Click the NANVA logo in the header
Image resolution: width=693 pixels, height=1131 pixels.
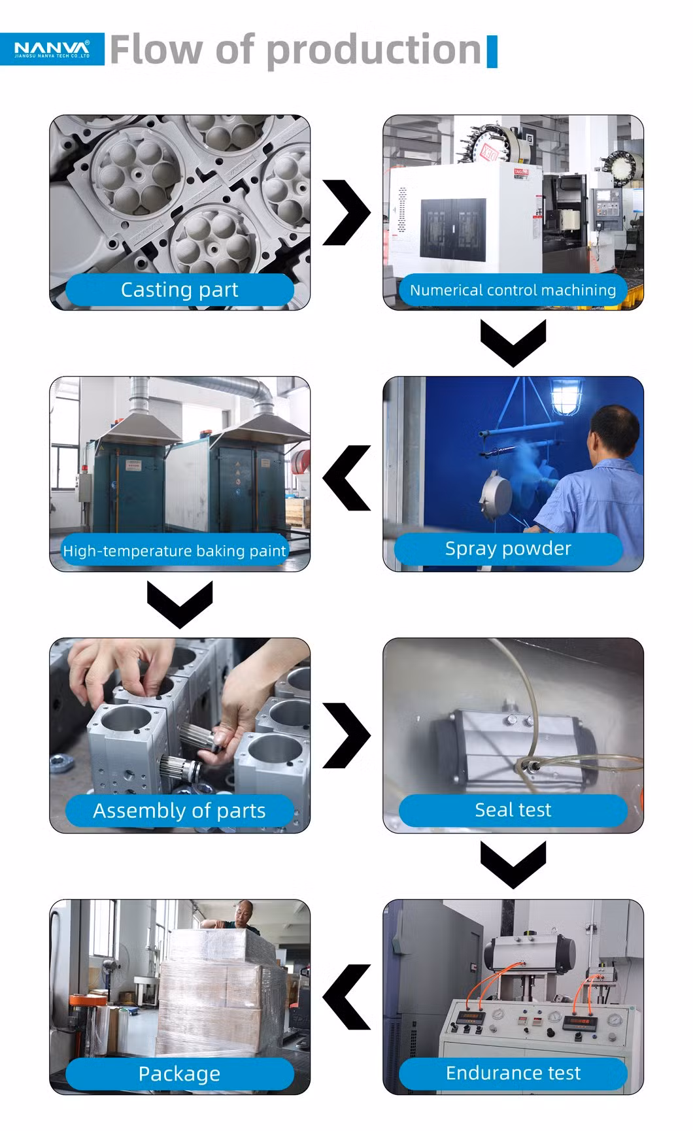52,48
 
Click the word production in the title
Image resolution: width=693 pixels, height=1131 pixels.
374,50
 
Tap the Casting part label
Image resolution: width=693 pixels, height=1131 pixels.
180,289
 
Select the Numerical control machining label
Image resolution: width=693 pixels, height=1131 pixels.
513,290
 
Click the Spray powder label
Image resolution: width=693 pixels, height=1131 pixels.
508,549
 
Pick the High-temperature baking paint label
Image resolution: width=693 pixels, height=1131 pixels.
175,550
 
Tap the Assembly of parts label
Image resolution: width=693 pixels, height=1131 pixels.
180,811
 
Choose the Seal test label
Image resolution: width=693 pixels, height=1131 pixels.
513,810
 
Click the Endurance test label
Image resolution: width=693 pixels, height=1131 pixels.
513,1073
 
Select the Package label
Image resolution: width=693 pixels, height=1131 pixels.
180,1073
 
